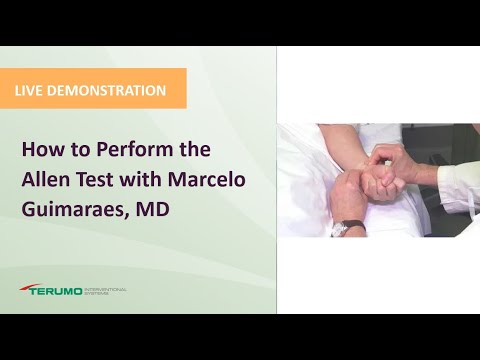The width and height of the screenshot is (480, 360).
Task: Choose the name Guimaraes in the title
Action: (71, 213)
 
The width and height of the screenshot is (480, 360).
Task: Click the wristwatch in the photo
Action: (340, 227)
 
